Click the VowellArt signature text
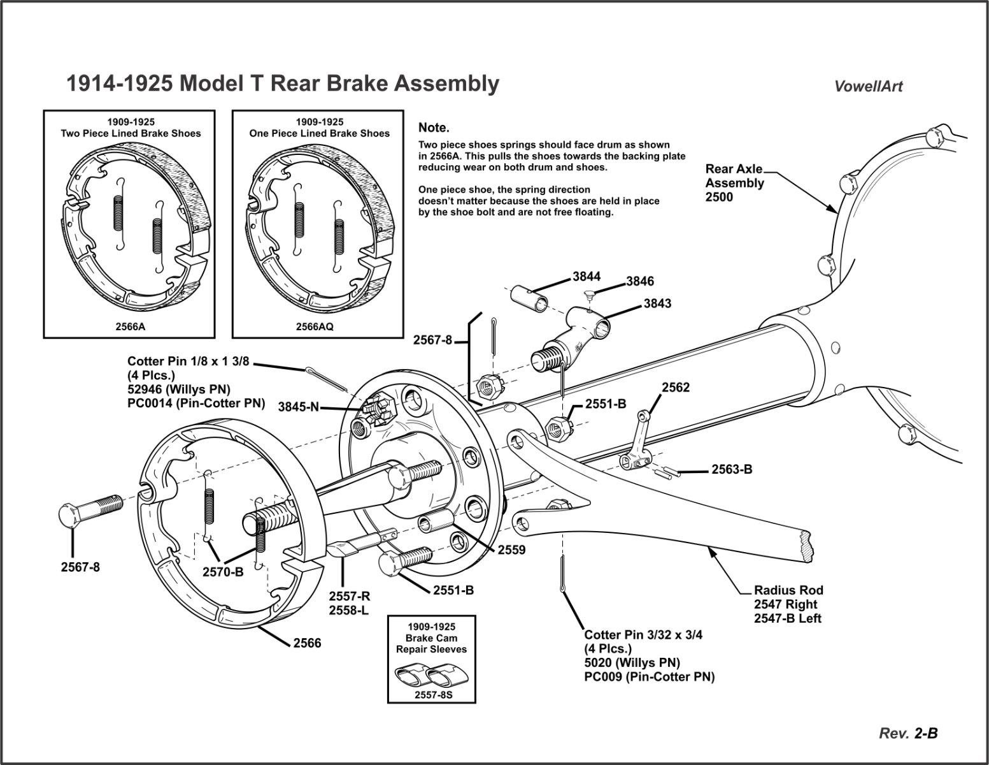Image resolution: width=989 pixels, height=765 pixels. point(868,87)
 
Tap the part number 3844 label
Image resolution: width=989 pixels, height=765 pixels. point(586,277)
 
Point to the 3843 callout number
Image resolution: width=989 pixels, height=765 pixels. point(657,303)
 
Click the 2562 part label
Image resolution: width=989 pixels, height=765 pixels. point(676,388)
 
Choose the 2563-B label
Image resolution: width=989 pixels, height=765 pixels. point(732,470)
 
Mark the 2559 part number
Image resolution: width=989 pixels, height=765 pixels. point(511,550)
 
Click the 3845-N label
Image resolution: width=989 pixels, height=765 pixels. point(299,407)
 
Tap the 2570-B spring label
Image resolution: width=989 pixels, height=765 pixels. point(223,572)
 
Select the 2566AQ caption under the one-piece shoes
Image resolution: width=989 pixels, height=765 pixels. point(315,326)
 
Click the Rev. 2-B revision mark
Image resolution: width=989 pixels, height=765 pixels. point(908,734)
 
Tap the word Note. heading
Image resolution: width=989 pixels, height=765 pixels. point(434,128)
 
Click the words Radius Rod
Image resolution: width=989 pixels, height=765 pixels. point(788,590)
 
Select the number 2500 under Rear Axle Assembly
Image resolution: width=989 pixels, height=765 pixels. point(719,197)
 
